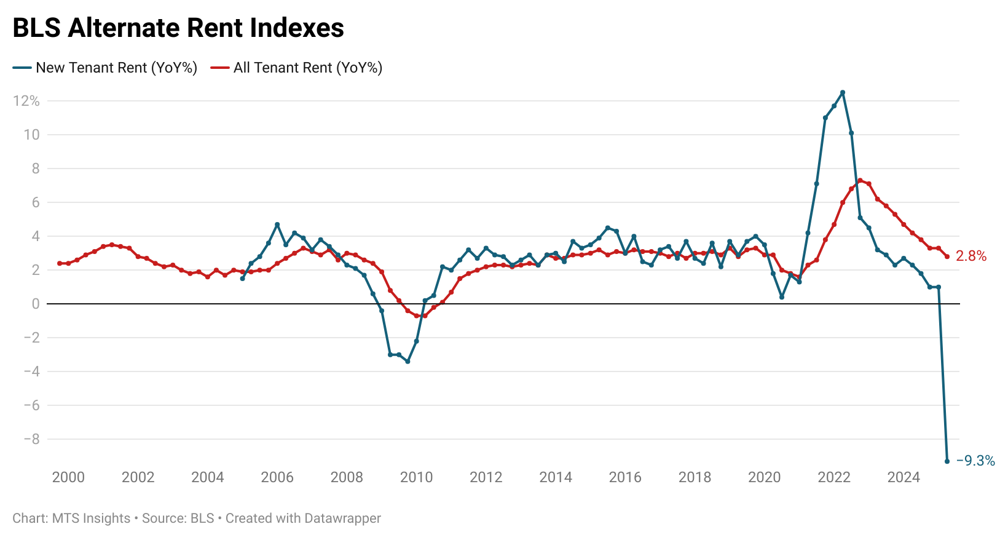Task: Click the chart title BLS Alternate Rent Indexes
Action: (178, 28)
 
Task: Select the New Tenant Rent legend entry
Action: (104, 68)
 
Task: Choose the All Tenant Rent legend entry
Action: (296, 68)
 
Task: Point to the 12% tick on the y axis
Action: (26, 101)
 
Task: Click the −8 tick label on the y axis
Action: (31, 439)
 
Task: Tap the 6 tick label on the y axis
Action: (36, 202)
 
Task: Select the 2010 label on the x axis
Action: (416, 477)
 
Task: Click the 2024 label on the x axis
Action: (903, 477)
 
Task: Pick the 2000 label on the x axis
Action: (68, 477)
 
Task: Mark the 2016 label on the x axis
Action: (624, 477)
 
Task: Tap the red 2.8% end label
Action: (971, 256)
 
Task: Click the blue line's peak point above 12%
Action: (842, 92)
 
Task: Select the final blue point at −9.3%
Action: (947, 461)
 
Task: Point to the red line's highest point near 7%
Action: (860, 181)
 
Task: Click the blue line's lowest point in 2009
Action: (408, 362)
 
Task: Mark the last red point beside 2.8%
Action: (947, 256)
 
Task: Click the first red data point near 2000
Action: (60, 263)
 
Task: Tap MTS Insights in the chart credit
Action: (91, 518)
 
